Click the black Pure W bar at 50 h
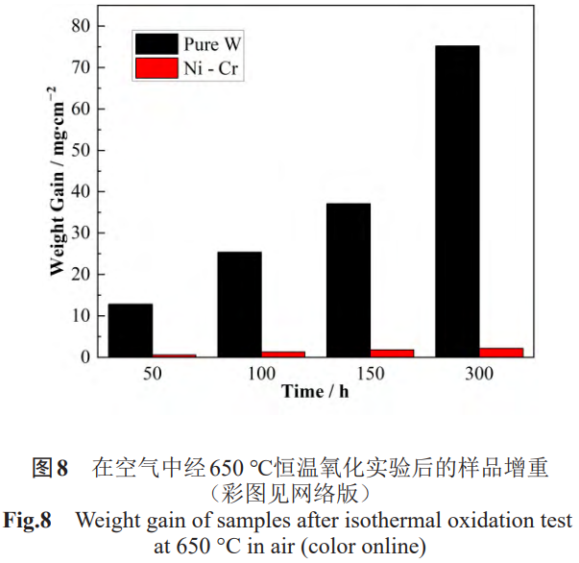point(130,330)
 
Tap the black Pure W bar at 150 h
point(349,280)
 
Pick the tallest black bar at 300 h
point(457,201)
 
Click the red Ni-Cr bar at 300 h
point(501,352)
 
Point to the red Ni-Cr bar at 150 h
point(392,353)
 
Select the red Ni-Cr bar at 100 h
point(282,354)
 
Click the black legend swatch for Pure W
point(157,43)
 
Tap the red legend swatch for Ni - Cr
point(157,68)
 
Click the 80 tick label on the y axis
point(81,26)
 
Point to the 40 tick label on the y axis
point(81,191)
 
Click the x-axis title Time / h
point(314,391)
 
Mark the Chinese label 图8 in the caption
point(50,469)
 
